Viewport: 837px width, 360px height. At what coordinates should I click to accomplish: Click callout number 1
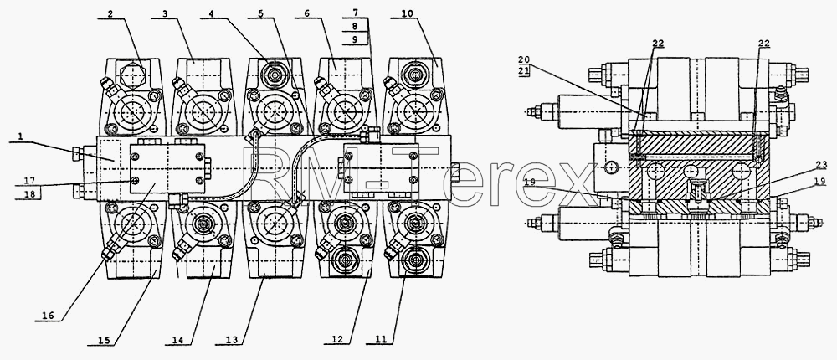[x=20, y=136]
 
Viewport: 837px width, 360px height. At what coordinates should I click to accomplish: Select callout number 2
[x=110, y=14]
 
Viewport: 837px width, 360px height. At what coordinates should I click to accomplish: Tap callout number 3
[x=166, y=14]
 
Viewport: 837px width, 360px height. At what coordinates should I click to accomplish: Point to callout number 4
[x=212, y=14]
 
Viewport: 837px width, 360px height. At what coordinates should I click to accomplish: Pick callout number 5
[x=260, y=14]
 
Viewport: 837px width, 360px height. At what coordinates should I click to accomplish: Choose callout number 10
[x=407, y=14]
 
